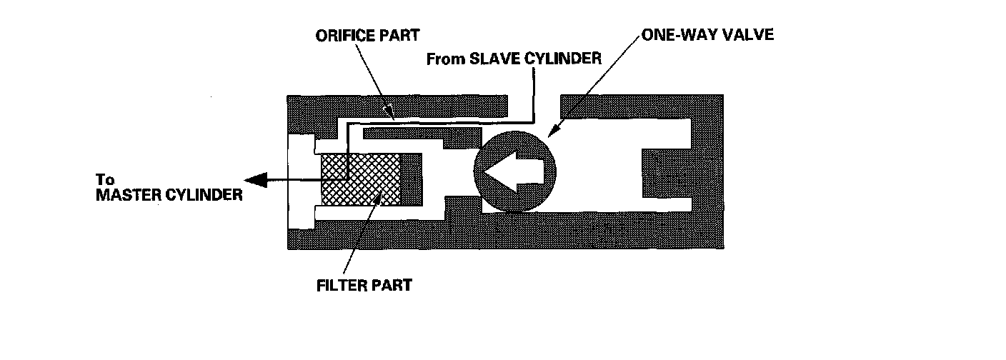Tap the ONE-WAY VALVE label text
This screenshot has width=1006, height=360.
(707, 34)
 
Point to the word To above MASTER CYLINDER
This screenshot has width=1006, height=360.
(104, 180)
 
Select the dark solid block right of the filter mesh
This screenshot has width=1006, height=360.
(411, 180)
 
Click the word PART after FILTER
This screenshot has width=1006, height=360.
(394, 286)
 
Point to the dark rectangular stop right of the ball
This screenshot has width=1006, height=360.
(664, 173)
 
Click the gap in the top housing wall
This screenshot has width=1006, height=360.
(534, 104)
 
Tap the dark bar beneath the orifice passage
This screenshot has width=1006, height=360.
(422, 134)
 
